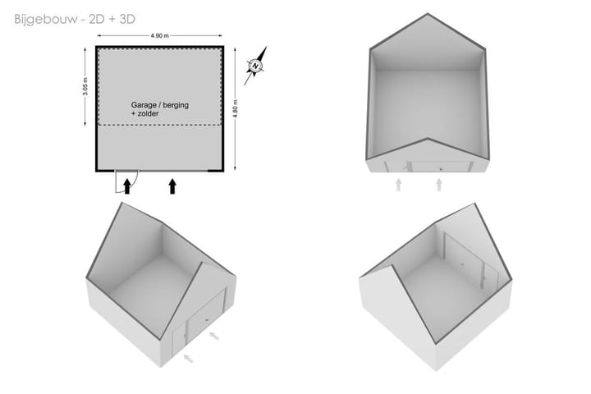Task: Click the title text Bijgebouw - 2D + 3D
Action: tap(75, 19)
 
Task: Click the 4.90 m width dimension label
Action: tap(160, 36)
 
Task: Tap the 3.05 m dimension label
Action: tap(85, 86)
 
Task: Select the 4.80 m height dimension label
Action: tap(236, 109)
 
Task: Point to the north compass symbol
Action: tap(255, 66)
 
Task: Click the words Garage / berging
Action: tap(160, 105)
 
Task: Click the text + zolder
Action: tap(144, 113)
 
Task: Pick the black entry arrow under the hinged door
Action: tap(127, 186)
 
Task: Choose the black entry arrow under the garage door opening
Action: tap(172, 186)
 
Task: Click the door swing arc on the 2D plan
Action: tap(135, 184)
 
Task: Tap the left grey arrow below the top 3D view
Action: tap(398, 185)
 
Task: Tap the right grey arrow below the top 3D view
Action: tap(438, 185)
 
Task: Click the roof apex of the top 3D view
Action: tap(428, 14)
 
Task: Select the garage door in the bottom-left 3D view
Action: tap(207, 316)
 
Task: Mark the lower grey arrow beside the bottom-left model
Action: tap(188, 358)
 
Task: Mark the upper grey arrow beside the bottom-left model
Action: tap(213, 335)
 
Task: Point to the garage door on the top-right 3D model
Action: tap(439, 167)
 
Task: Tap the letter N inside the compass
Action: tap(255, 66)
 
